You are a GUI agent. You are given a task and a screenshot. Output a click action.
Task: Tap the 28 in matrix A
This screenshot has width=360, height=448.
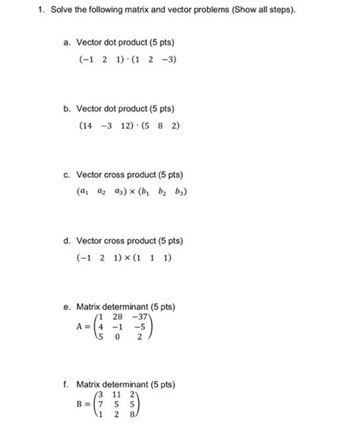coord(118,316)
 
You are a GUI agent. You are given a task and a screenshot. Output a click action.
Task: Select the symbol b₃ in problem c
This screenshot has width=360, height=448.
coord(180,192)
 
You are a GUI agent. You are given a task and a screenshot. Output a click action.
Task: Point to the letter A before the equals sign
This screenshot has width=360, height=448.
coord(80,329)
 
